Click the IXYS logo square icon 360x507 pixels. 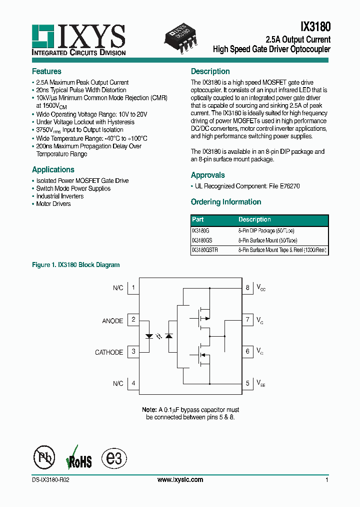tap(43, 36)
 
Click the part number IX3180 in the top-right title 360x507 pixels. tap(315, 26)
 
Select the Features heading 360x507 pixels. tap(46, 71)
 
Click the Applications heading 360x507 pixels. tap(53, 169)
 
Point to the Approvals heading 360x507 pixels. tap(207, 175)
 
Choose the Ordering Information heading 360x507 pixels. tap(226, 202)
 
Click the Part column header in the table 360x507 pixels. tap(198, 219)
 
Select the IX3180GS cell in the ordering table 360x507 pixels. tap(202, 240)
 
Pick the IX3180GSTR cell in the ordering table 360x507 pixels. tap(205, 249)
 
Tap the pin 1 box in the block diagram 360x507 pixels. tap(133, 288)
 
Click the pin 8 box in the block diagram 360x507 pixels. tap(247, 288)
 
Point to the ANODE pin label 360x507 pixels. tap(112, 321)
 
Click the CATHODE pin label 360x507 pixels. tap(109, 352)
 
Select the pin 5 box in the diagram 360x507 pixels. tap(247, 384)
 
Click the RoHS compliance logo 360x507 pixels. tap(79, 458)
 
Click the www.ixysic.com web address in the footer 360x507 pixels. tap(180, 479)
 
